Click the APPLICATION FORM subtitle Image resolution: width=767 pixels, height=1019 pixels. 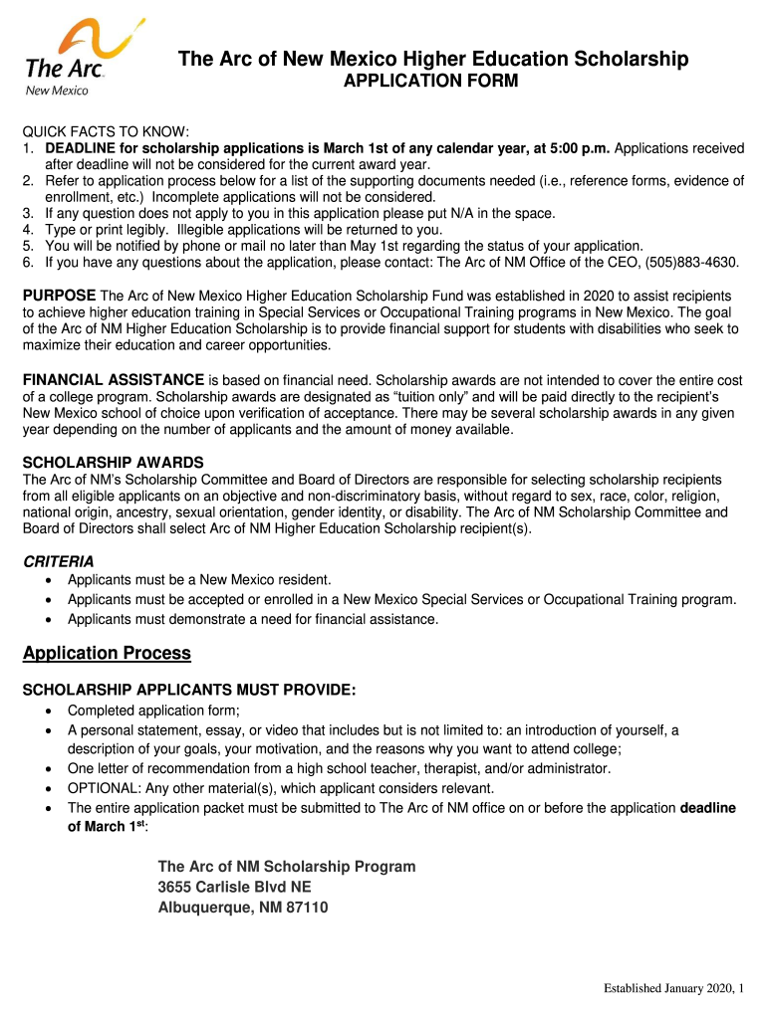coord(430,82)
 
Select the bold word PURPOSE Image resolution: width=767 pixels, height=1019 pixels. coord(60,297)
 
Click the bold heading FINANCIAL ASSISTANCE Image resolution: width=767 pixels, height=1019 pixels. coord(114,380)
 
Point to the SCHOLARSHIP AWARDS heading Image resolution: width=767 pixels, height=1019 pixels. coord(114,463)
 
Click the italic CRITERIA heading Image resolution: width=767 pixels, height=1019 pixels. coord(59,561)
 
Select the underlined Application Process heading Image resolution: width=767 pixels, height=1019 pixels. coord(107,654)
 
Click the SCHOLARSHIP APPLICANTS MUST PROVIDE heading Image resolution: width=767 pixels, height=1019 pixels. coord(189,691)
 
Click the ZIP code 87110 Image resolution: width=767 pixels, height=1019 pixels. coord(308,908)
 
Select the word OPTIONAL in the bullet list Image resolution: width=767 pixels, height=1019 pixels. coord(102,788)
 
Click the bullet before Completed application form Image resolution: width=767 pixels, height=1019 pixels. coord(51,712)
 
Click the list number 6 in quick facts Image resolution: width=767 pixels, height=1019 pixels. coord(29,263)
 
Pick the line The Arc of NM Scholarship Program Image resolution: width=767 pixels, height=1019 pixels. coord(287,867)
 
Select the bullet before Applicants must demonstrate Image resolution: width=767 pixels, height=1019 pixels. coord(51,620)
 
